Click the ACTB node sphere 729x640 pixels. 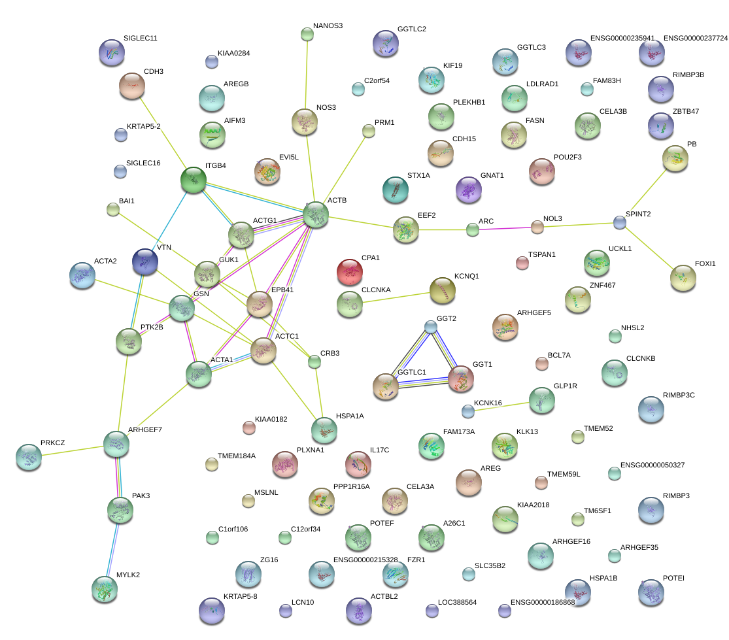pyautogui.click(x=315, y=214)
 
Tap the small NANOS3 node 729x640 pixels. pyautogui.click(x=307, y=34)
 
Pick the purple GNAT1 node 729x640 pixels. pyautogui.click(x=468, y=190)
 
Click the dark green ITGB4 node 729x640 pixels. pyautogui.click(x=194, y=180)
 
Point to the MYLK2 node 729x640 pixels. pyautogui.click(x=105, y=588)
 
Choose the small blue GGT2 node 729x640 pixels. pyautogui.click(x=430, y=326)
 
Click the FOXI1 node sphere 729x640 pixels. pyautogui.click(x=683, y=278)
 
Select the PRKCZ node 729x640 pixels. pyautogui.click(x=28, y=457)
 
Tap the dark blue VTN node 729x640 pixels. pyautogui.click(x=144, y=261)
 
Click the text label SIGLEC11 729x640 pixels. pyautogui.click(x=140, y=39)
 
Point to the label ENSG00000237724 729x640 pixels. pyautogui.click(x=695, y=39)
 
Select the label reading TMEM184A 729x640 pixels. pyautogui.click(x=237, y=456)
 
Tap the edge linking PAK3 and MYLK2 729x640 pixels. pyautogui.click(x=112, y=542)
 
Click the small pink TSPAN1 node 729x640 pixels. pyautogui.click(x=522, y=263)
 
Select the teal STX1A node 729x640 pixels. pyautogui.click(x=395, y=190)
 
